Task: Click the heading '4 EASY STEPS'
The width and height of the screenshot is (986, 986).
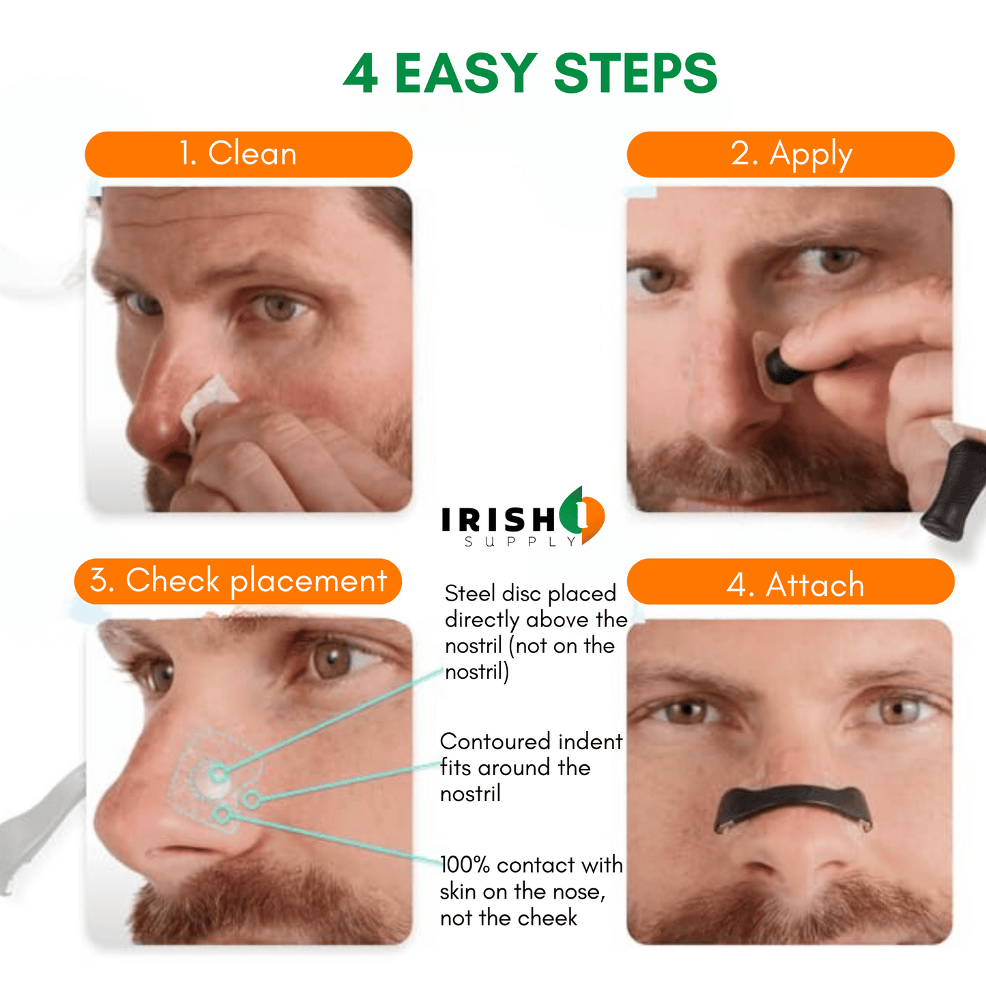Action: (x=530, y=72)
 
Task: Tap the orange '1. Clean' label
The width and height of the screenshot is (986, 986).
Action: (x=248, y=154)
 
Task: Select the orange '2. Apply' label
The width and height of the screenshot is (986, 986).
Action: (x=791, y=154)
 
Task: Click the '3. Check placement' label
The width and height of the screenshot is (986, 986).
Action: (x=238, y=581)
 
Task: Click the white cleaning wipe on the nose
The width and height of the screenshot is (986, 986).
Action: (x=207, y=404)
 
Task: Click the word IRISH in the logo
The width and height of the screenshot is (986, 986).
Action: (x=498, y=520)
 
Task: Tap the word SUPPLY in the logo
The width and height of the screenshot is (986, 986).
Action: (x=520, y=542)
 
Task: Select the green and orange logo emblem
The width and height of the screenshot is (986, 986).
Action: (x=582, y=515)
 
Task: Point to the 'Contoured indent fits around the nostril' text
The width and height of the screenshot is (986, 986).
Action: (x=531, y=767)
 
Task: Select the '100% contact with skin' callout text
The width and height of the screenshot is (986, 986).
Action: (x=531, y=891)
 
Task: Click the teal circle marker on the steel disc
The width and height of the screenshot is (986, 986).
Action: (x=218, y=773)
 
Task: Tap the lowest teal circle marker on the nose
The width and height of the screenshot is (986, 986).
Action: (x=222, y=813)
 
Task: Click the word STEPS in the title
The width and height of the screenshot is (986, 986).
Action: (x=635, y=73)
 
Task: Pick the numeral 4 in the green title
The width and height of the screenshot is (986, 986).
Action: (x=361, y=73)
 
